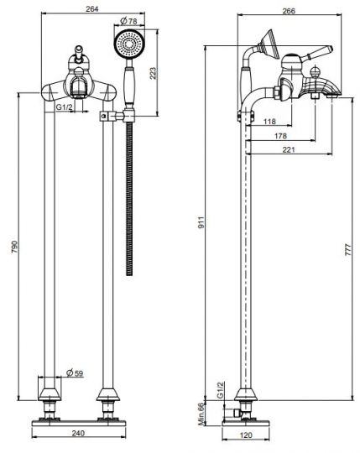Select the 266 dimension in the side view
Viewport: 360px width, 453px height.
click(x=289, y=10)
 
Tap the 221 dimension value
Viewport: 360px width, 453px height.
click(x=289, y=149)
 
